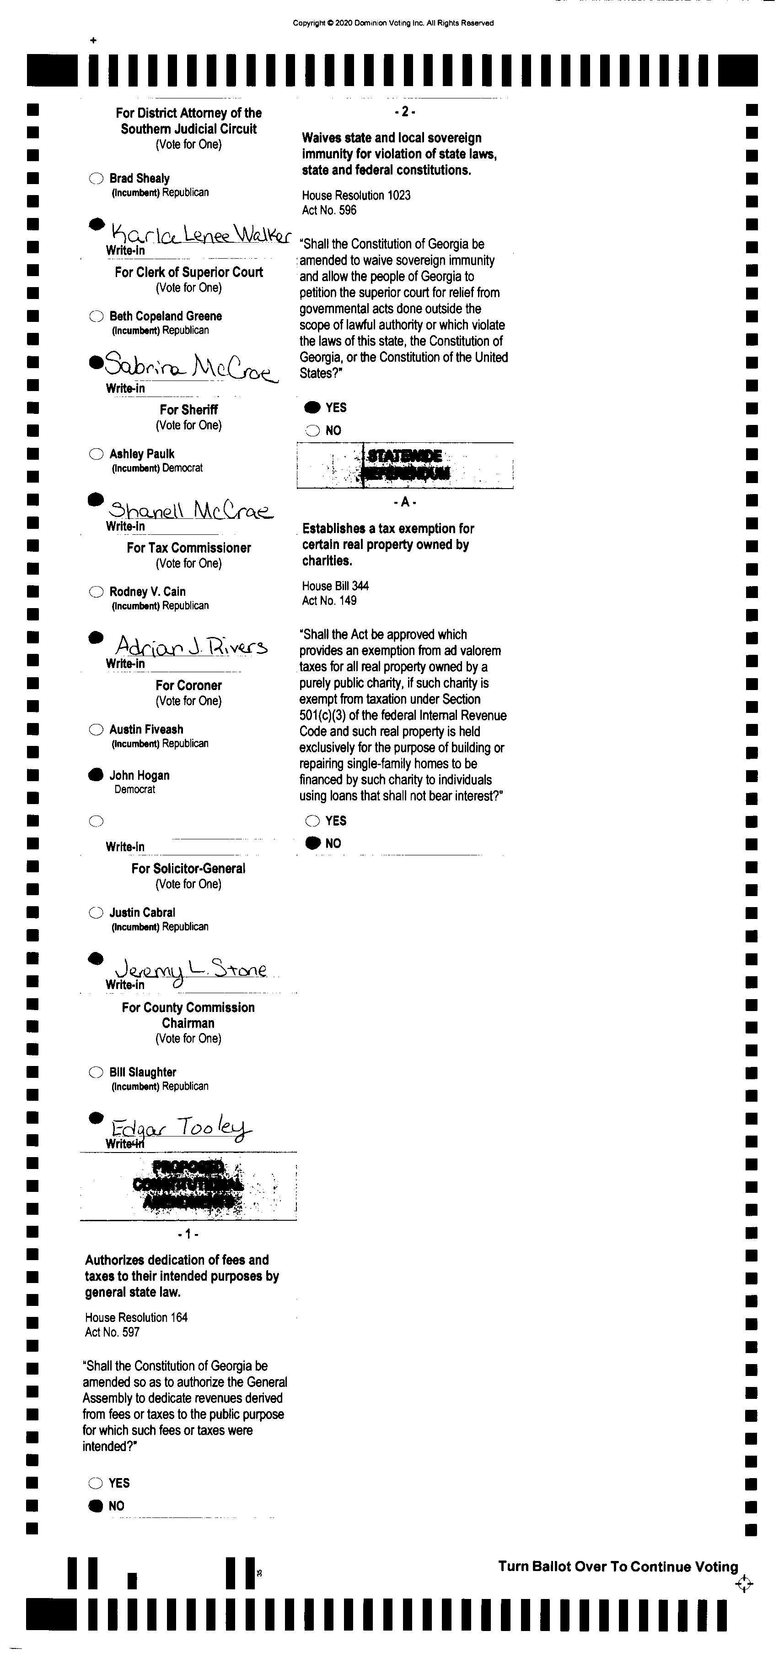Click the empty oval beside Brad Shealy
click(96, 179)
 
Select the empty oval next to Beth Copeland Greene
click(96, 316)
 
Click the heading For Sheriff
click(188, 409)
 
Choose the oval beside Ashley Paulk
click(96, 454)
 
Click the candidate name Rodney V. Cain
click(147, 592)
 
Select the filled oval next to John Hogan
click(96, 775)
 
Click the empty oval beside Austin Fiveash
click(96, 729)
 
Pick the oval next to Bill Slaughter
click(96, 1072)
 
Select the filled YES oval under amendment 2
click(312, 408)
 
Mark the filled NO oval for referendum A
click(312, 843)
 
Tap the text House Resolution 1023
click(356, 195)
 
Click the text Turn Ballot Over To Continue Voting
click(618, 1566)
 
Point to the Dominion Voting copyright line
click(393, 23)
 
